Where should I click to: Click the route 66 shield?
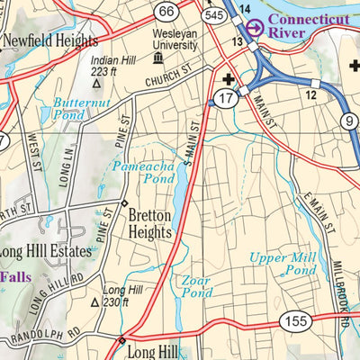click(164, 12)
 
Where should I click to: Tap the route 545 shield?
click(212, 15)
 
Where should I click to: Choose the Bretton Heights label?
click(149, 224)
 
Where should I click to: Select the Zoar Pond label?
click(195, 286)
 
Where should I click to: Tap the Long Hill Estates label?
click(46, 251)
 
